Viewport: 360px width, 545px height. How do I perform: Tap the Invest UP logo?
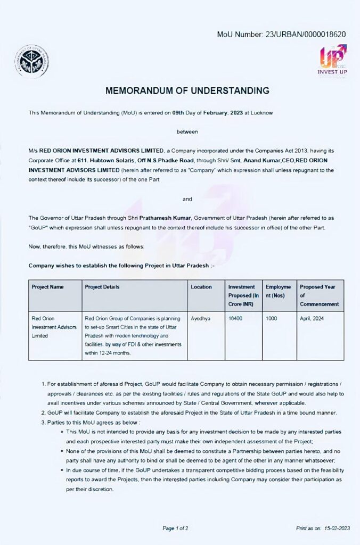332,60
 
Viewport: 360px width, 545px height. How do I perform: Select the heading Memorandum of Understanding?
187,91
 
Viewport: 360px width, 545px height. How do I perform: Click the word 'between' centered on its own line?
187,130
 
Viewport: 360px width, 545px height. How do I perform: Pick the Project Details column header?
102,287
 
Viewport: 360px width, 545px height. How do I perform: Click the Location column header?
201,287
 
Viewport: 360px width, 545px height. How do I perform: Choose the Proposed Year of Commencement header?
319,295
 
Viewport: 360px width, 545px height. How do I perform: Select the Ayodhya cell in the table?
200,318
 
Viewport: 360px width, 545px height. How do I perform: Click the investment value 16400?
235,318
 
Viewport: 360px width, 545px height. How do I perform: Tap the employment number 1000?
272,318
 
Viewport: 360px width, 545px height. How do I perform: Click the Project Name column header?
47,287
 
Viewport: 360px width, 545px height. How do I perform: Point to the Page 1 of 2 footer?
175,529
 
